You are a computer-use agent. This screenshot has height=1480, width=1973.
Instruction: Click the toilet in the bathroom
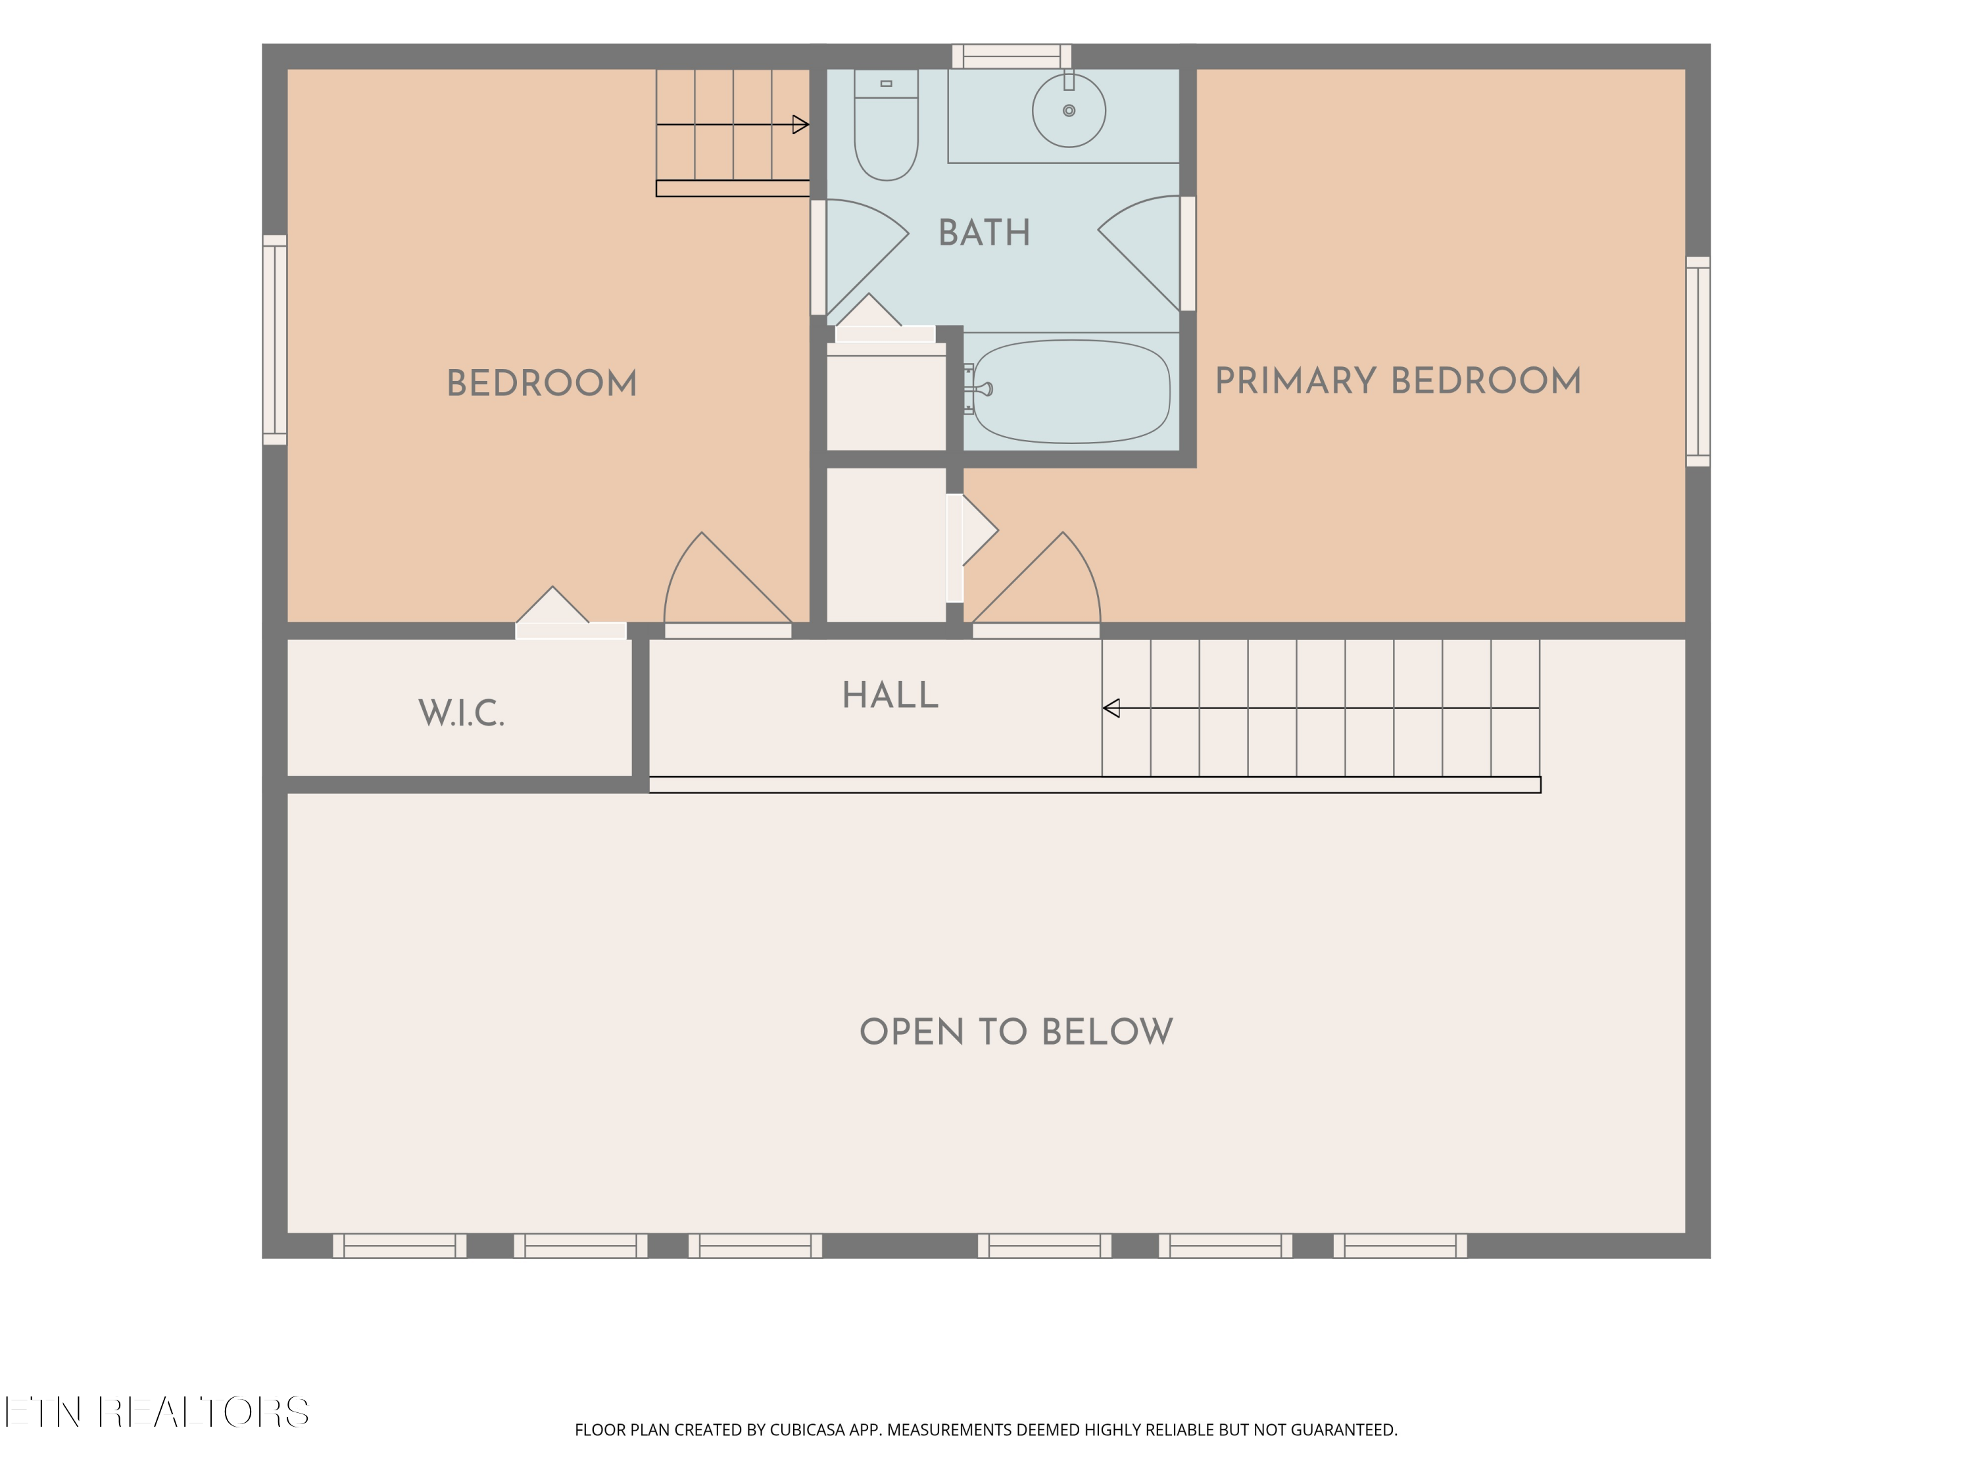tap(886, 125)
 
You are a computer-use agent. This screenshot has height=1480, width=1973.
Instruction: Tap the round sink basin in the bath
tap(1069, 111)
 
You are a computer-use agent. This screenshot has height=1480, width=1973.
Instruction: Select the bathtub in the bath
tap(1070, 391)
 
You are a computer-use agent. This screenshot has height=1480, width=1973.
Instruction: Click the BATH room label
tap(984, 233)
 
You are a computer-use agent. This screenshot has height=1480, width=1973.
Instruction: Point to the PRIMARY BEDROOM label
tap(1398, 381)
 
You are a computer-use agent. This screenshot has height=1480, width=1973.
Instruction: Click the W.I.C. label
tap(461, 714)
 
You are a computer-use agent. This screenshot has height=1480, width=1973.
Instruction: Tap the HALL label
tap(890, 696)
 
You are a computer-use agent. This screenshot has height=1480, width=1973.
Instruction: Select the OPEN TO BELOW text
tap(1016, 1032)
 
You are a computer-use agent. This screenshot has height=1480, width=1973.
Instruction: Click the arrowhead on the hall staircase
tap(1111, 708)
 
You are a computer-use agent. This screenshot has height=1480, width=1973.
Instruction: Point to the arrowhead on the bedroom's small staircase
tap(801, 125)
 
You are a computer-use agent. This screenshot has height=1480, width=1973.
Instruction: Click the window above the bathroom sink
tap(1011, 56)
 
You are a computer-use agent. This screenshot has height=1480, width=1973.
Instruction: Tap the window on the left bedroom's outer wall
tap(275, 340)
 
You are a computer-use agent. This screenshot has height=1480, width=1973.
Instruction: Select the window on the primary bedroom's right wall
tap(1697, 361)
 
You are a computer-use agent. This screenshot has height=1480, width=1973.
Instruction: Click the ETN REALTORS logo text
tap(157, 1412)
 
